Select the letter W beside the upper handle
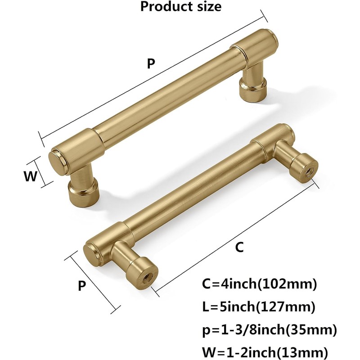coord(30,176)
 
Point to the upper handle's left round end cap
coord(56,160)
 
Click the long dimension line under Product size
coord(153,78)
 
